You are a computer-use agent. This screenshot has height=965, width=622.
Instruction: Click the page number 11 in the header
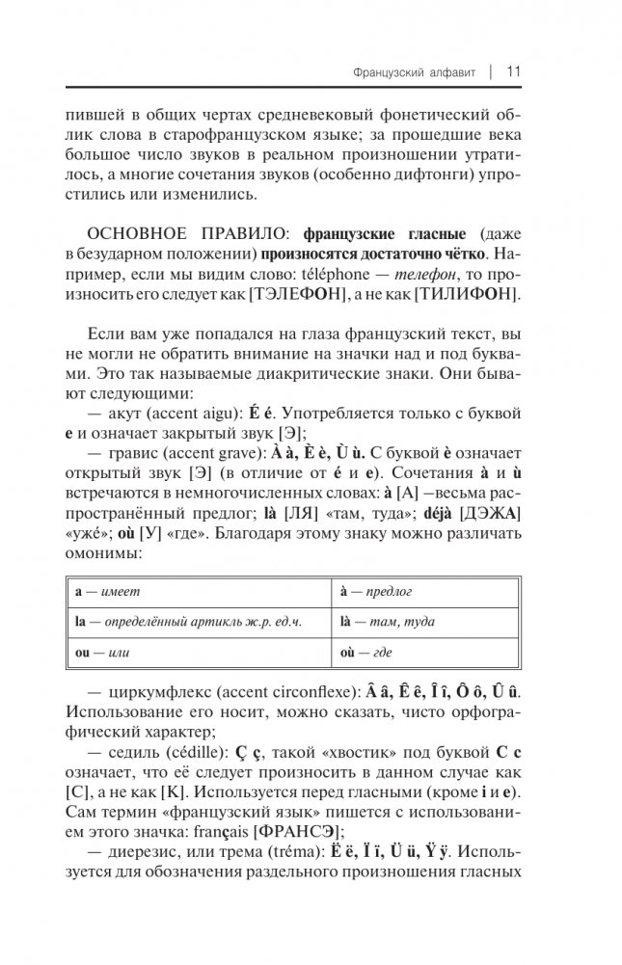513,70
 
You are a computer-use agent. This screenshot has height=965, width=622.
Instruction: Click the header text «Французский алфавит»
412,71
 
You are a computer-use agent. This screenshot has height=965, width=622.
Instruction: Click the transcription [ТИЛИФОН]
464,293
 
